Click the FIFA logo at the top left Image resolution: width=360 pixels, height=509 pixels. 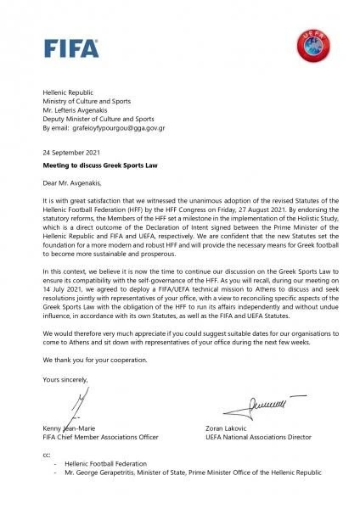[x=63, y=48]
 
